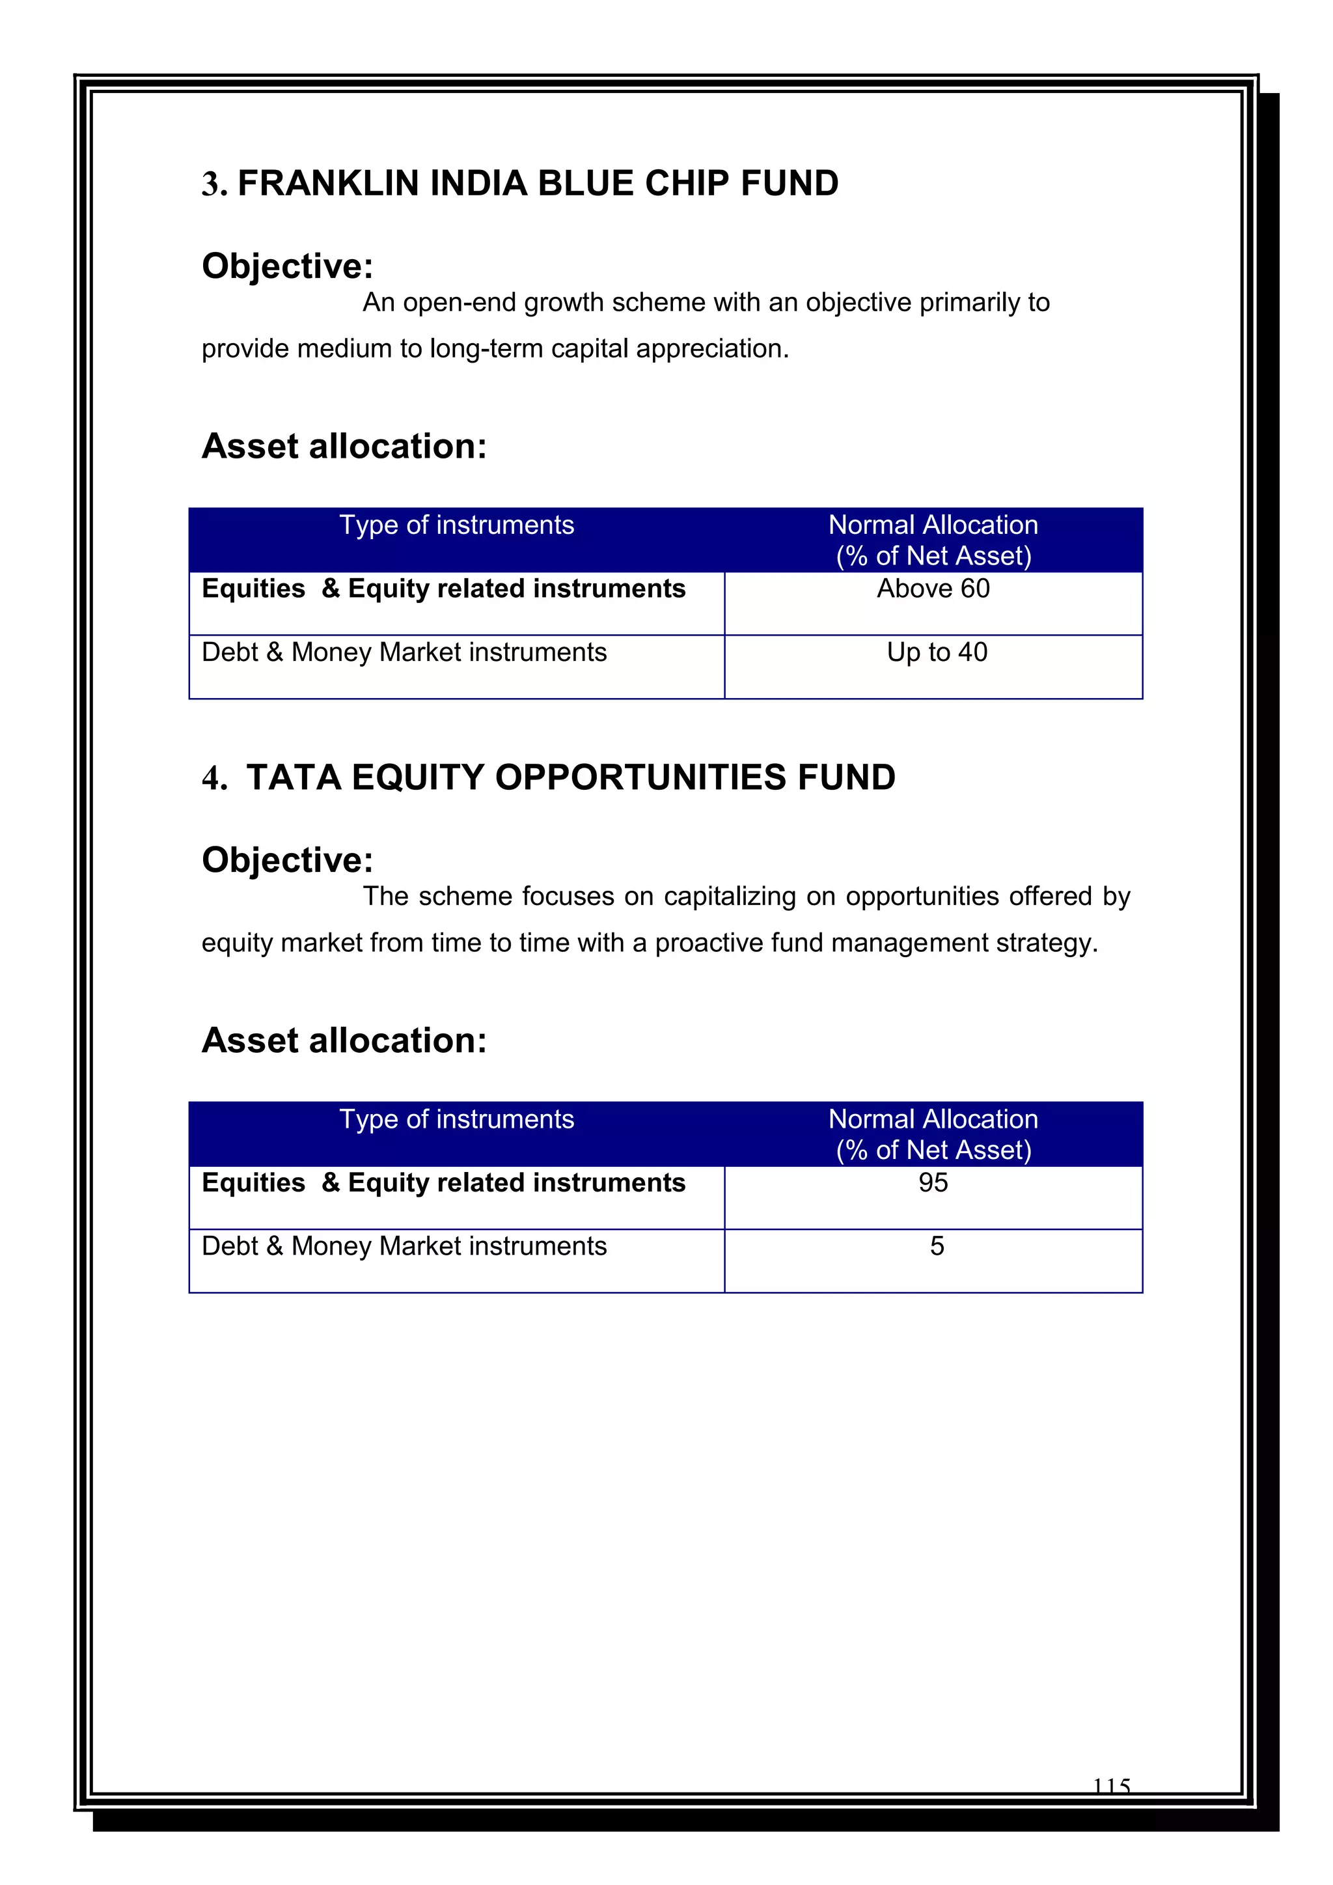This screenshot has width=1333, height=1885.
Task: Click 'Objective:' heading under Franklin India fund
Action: coord(287,266)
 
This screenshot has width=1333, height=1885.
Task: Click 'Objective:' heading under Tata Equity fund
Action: coord(287,860)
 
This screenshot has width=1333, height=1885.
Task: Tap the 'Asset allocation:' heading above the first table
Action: coord(344,447)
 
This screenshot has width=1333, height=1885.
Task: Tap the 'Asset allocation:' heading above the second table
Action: coord(344,1041)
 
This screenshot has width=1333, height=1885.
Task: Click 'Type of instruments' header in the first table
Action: coord(456,525)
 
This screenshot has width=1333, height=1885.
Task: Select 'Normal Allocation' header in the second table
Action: coord(933,1120)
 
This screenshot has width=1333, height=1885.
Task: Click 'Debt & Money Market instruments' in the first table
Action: coord(404,652)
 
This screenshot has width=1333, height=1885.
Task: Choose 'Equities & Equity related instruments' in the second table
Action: coord(443,1183)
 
